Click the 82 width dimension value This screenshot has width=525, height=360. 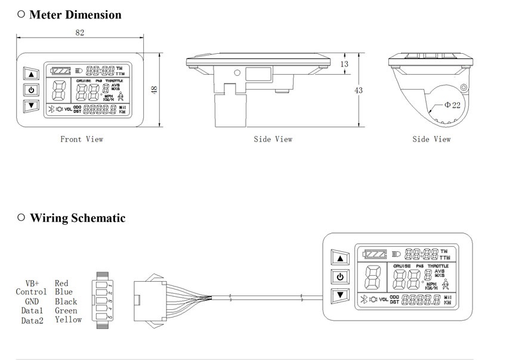tap(80, 33)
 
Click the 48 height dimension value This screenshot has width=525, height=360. tap(154, 90)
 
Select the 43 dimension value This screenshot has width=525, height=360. tap(359, 90)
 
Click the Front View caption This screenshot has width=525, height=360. tap(82, 139)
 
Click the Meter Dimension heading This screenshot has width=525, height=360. tap(75, 14)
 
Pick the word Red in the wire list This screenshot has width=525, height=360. tap(61, 283)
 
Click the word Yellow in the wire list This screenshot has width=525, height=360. tap(68, 320)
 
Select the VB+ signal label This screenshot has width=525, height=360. tap(32, 283)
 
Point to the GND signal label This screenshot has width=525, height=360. tap(32, 301)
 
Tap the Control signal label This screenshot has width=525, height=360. tap(31, 292)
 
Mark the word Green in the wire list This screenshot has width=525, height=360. tap(66, 310)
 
